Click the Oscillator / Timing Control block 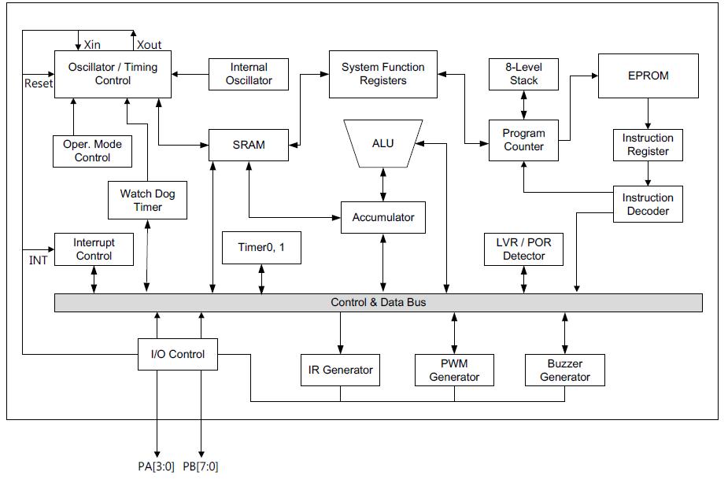tap(113, 74)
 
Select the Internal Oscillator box tap(249, 74)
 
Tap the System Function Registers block tap(382, 74)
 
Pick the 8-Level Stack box tap(523, 74)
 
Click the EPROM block tap(648, 76)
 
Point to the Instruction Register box tap(648, 145)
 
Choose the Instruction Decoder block tap(648, 205)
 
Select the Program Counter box tap(523, 140)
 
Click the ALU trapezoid tap(383, 144)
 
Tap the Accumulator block tap(383, 217)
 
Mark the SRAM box tap(249, 145)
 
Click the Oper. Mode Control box tap(93, 151)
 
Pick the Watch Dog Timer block tap(148, 201)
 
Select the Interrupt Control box tap(94, 249)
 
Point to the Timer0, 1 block tap(262, 248)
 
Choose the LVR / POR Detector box tap(523, 249)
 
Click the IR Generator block tap(340, 370)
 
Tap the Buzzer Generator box tap(564, 371)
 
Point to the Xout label tap(149, 45)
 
